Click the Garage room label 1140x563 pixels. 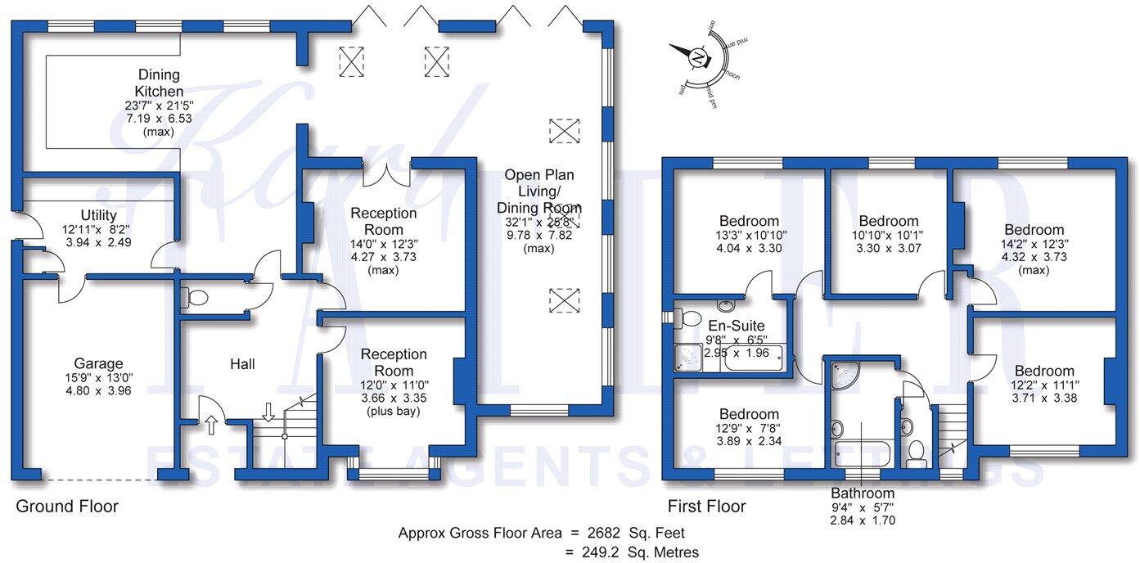99,363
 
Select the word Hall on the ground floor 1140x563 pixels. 242,363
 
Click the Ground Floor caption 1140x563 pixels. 67,507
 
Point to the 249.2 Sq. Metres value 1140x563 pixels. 634,552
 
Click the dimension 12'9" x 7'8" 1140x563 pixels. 749,430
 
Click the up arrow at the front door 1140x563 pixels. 210,424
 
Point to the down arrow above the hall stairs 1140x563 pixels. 268,410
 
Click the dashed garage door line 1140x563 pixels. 98,480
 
